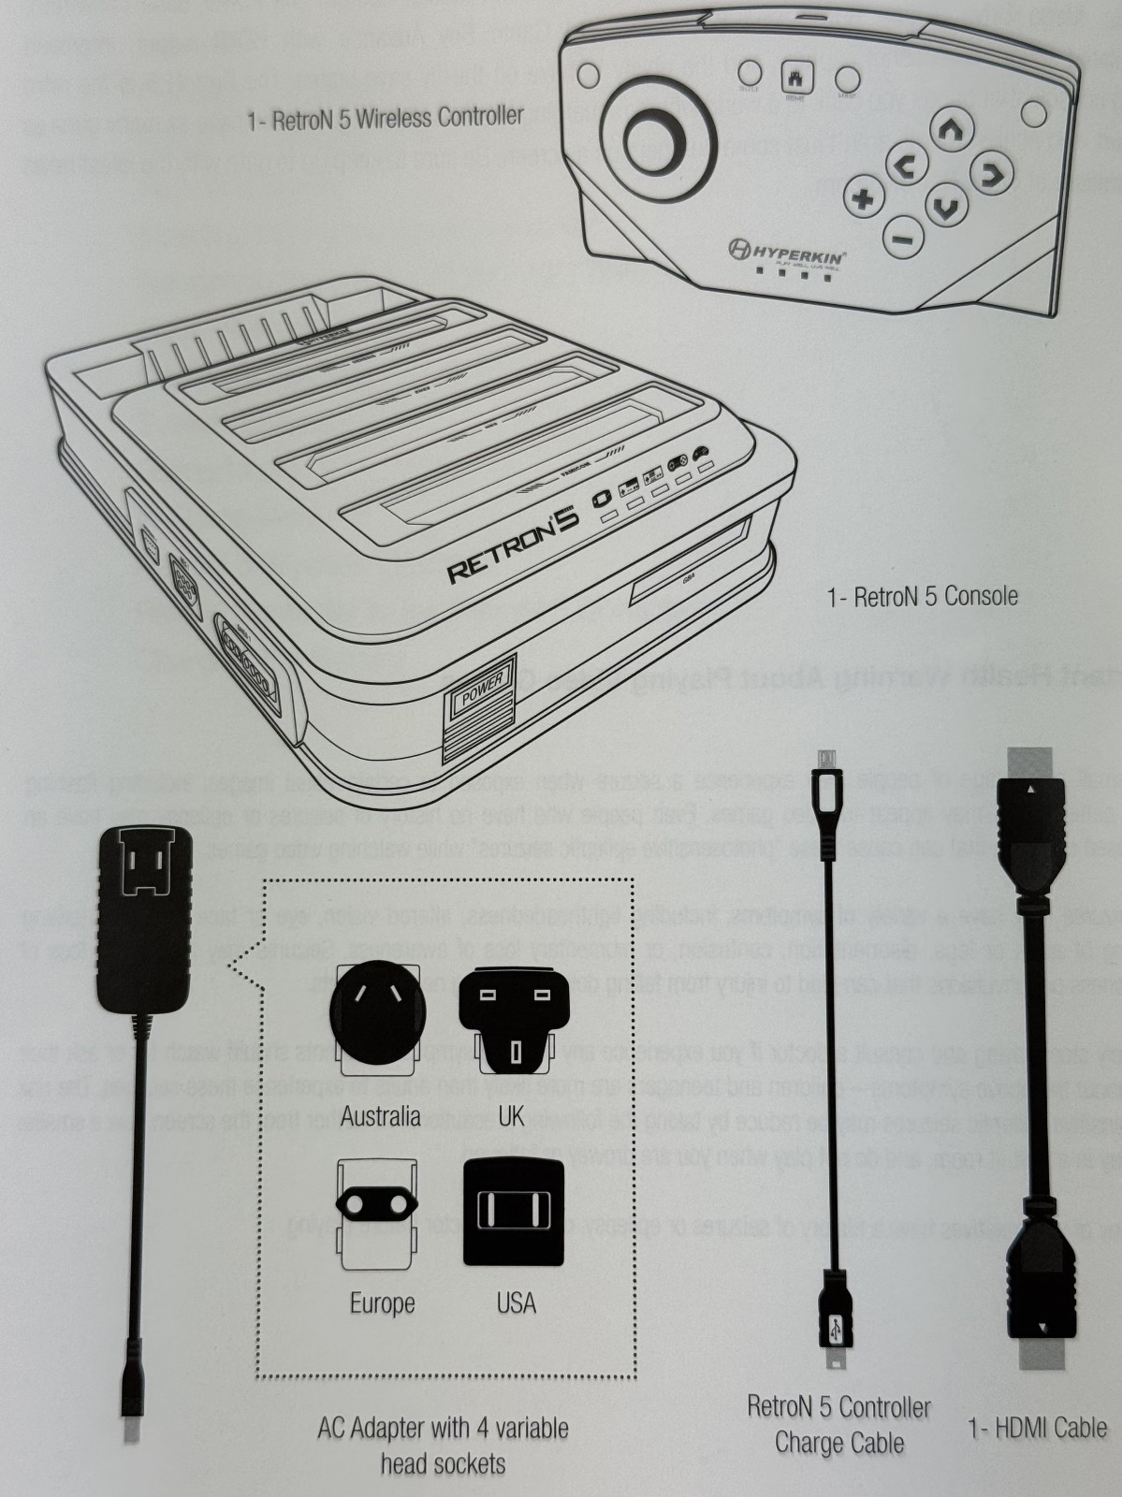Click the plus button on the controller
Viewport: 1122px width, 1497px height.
click(x=863, y=197)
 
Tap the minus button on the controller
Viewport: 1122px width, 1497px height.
click(x=902, y=238)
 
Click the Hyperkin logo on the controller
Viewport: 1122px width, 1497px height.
click(x=788, y=250)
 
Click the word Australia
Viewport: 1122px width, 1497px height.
click(x=380, y=1115)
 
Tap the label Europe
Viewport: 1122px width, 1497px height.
click(x=382, y=1302)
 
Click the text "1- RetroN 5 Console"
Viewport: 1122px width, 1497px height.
click(x=922, y=596)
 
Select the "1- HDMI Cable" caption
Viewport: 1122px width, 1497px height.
click(x=1036, y=1429)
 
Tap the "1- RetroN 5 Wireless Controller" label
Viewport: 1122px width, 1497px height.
click(x=385, y=119)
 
